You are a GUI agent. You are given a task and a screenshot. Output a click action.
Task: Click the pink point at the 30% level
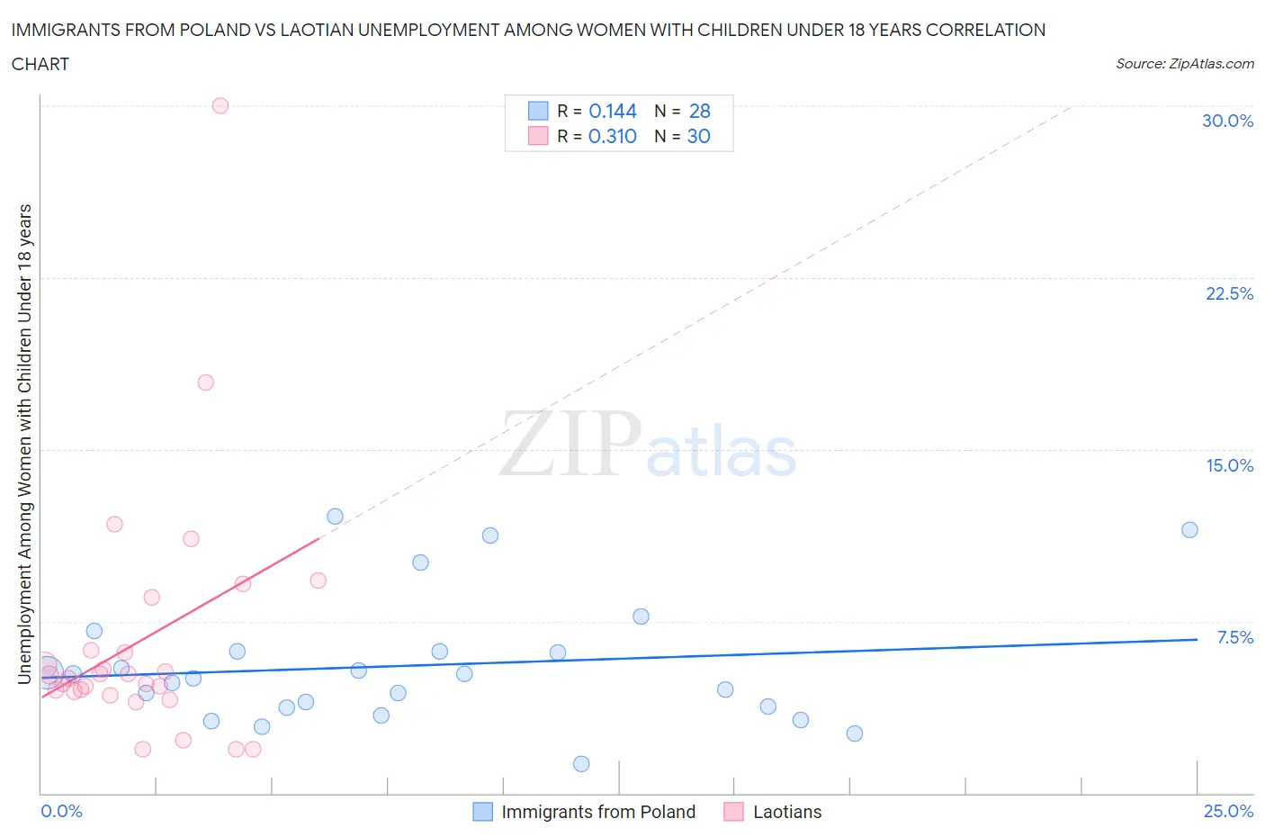tap(220, 105)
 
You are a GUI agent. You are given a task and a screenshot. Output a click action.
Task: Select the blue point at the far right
tap(1189, 530)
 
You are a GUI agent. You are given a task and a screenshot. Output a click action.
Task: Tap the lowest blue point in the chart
tap(581, 764)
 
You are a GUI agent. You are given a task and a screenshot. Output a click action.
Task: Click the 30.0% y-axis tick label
tap(1227, 121)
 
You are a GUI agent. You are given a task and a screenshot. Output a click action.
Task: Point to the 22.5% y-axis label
tap(1229, 293)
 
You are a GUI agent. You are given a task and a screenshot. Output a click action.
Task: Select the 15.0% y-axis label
tap(1229, 465)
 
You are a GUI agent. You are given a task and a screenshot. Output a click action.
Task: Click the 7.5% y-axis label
tap(1234, 637)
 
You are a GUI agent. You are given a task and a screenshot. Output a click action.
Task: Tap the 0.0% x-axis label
tap(61, 811)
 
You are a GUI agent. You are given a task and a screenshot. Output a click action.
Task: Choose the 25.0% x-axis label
tap(1228, 811)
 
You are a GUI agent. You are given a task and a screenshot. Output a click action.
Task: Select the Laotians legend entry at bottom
tap(786, 812)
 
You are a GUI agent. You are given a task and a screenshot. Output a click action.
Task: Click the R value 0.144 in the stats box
tap(612, 111)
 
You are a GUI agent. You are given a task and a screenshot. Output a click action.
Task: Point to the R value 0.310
tap(612, 136)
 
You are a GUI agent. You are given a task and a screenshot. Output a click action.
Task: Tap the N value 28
tap(699, 111)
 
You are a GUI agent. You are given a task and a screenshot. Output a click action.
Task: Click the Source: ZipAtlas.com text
tap(1184, 63)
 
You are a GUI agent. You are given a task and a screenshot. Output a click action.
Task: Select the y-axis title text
tap(24, 443)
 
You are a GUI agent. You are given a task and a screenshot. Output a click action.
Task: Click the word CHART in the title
tap(40, 64)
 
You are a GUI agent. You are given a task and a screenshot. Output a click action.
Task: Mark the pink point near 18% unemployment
tap(205, 382)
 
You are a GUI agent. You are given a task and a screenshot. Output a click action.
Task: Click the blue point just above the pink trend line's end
tap(335, 517)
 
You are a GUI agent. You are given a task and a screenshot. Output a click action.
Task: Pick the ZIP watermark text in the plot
tap(570, 443)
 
